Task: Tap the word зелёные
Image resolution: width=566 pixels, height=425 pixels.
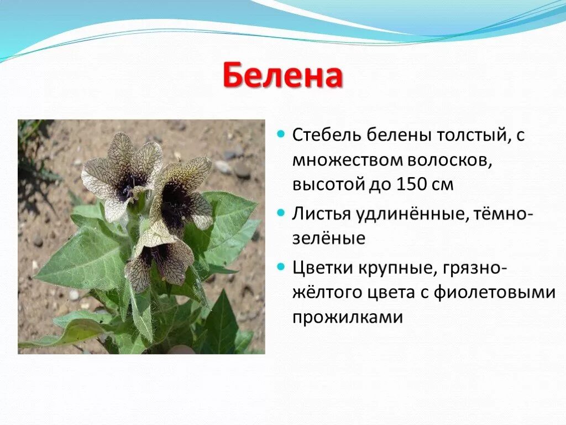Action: [329, 239]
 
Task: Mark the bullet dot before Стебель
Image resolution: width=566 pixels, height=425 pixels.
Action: [281, 134]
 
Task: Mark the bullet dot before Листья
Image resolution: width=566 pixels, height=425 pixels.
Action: [281, 213]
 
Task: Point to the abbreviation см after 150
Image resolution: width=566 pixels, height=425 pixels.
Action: [443, 185]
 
